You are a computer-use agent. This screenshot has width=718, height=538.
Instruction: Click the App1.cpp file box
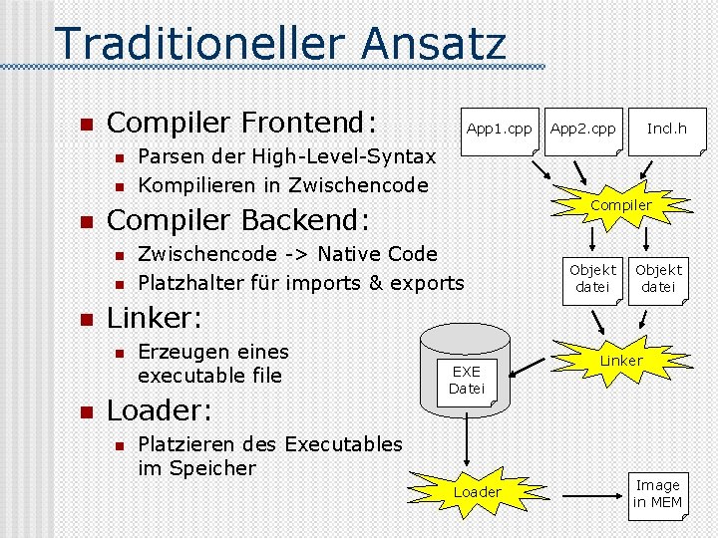(x=499, y=130)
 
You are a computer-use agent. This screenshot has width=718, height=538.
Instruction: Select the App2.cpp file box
(x=583, y=130)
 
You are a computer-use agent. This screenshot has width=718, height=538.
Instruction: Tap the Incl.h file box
(x=666, y=130)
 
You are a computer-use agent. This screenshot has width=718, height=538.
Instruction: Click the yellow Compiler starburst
(x=620, y=205)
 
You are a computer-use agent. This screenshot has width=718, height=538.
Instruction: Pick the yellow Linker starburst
(x=620, y=360)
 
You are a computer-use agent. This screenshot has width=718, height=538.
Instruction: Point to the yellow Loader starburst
(x=478, y=492)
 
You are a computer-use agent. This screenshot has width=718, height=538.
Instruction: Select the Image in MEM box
(x=657, y=494)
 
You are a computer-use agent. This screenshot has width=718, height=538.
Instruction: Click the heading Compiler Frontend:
(x=241, y=123)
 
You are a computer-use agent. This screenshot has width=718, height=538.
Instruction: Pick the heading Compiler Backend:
(x=237, y=219)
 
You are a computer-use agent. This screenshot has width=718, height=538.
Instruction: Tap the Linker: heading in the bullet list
(x=155, y=318)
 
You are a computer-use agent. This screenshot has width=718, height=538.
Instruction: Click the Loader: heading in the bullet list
(x=156, y=410)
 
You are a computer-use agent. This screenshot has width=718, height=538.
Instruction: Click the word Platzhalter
(x=208, y=282)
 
